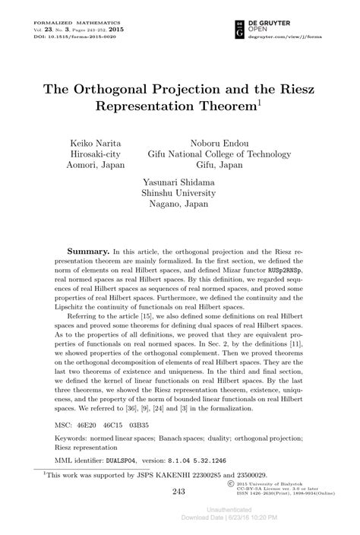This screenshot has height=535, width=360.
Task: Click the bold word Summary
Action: point(89,250)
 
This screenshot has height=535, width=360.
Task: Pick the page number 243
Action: point(179,492)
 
